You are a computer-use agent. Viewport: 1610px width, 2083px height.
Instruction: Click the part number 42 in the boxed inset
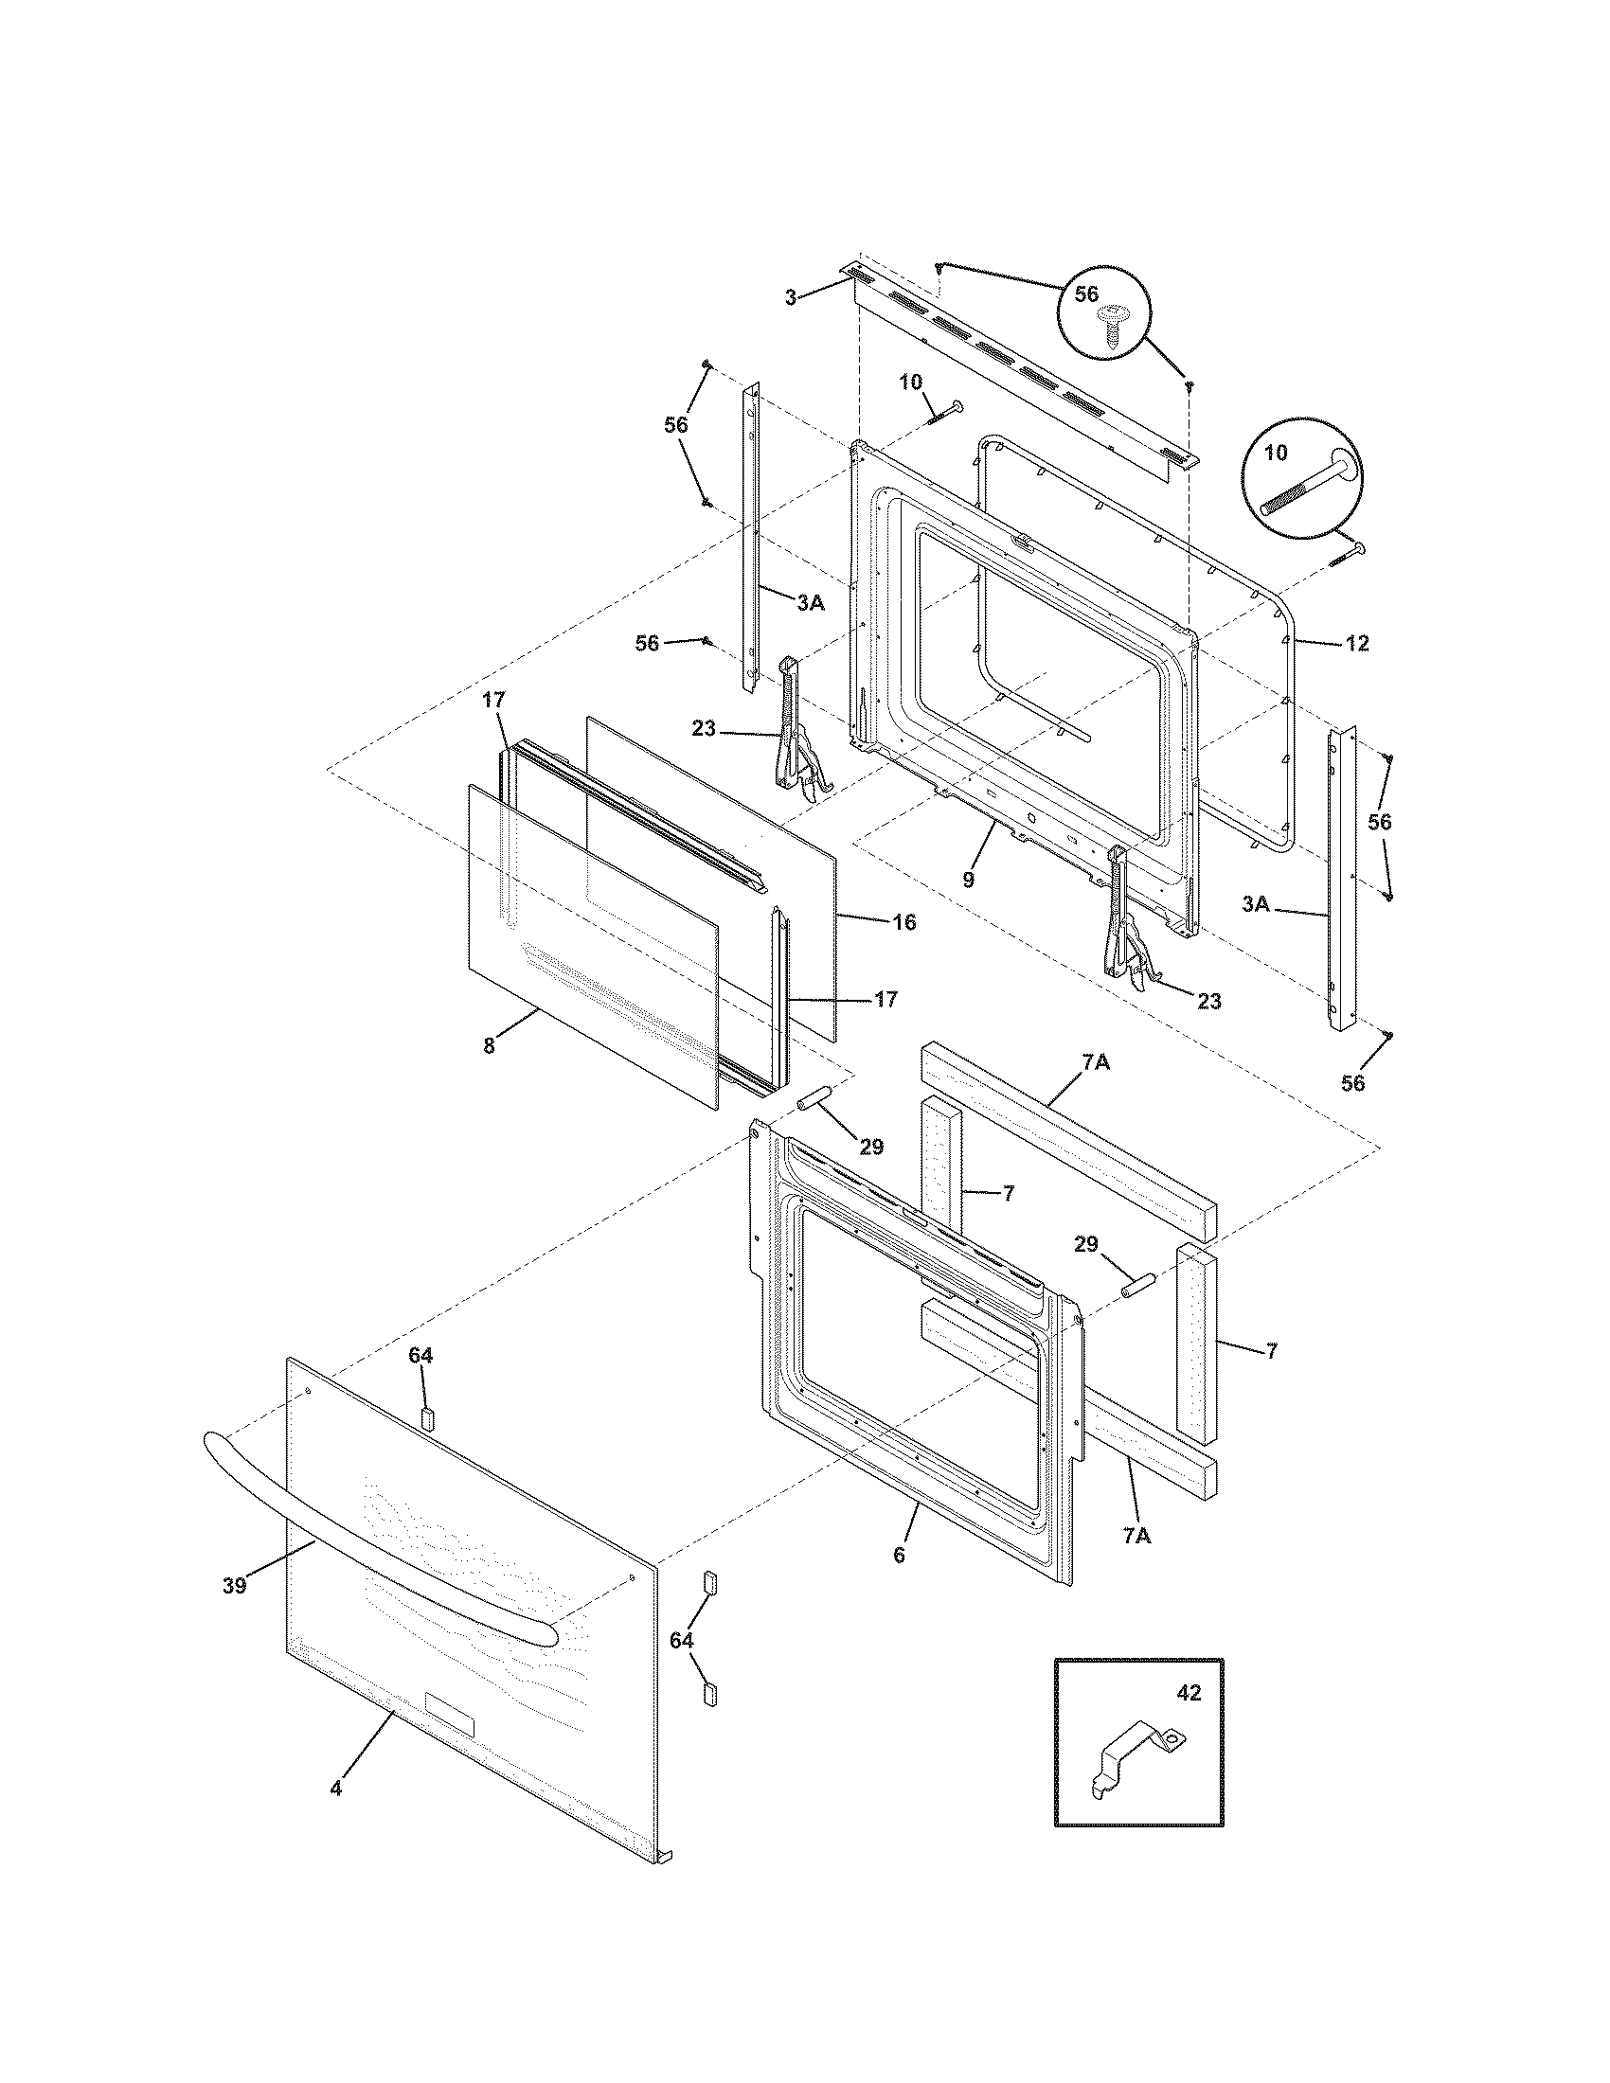coord(1189,1693)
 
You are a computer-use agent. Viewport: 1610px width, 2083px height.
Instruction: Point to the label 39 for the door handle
coord(235,1585)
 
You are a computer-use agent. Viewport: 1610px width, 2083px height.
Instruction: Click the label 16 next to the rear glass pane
coord(904,922)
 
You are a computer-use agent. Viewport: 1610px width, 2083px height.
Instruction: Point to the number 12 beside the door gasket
coord(1357,644)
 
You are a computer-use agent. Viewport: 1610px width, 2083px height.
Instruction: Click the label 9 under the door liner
coord(968,880)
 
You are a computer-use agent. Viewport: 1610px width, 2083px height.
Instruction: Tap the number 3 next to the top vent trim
coord(791,298)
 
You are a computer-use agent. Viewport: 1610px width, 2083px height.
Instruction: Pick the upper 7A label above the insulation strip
coord(1095,1061)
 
